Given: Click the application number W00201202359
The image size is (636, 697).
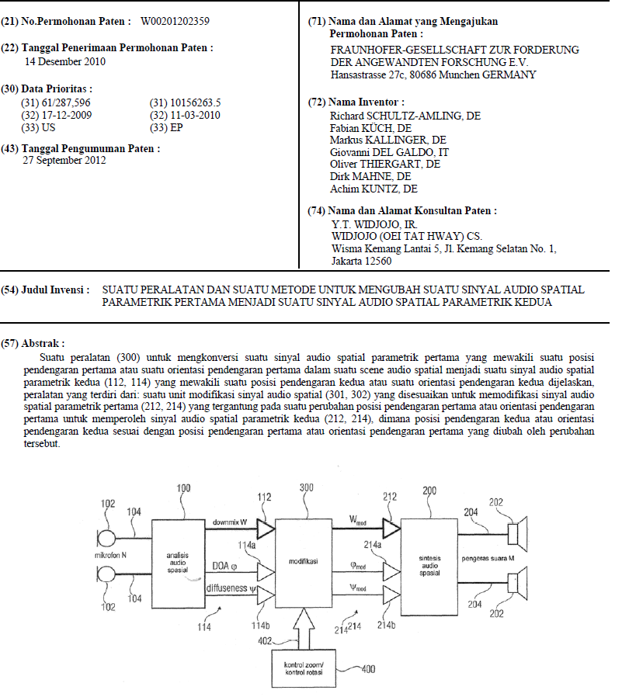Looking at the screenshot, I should (x=176, y=20).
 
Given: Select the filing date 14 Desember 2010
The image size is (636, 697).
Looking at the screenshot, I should (x=65, y=61).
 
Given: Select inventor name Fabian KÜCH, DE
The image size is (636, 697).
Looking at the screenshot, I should (x=371, y=128).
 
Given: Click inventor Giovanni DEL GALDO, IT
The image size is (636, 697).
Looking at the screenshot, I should (x=390, y=152).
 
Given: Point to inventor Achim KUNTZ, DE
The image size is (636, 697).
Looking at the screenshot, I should (x=374, y=189).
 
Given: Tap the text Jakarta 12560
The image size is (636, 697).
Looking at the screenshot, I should (x=361, y=261).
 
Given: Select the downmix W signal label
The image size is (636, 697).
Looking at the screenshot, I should (x=229, y=522).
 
